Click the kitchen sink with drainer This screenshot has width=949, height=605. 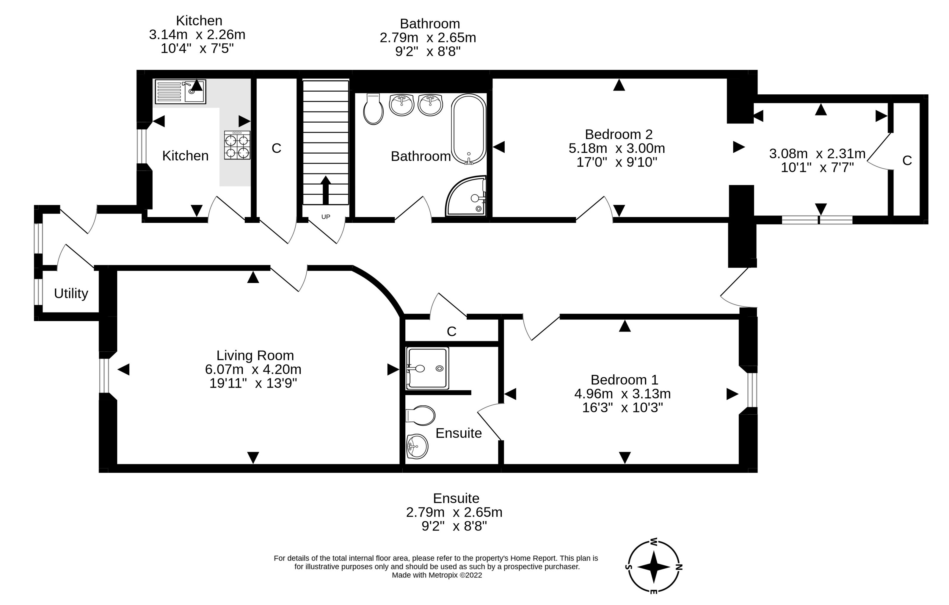coord(181,91)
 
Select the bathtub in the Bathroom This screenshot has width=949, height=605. coord(469,129)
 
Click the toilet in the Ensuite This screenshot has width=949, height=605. coord(420,415)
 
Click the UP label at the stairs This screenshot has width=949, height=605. coord(326,217)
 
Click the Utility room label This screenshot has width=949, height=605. coord(71,293)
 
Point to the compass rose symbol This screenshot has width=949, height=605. coord(653,567)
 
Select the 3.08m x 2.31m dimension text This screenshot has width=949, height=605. coord(817,154)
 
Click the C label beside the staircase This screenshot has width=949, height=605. coord(276,148)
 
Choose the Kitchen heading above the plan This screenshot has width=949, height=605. coord(199,21)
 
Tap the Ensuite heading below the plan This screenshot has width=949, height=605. coord(456,498)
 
